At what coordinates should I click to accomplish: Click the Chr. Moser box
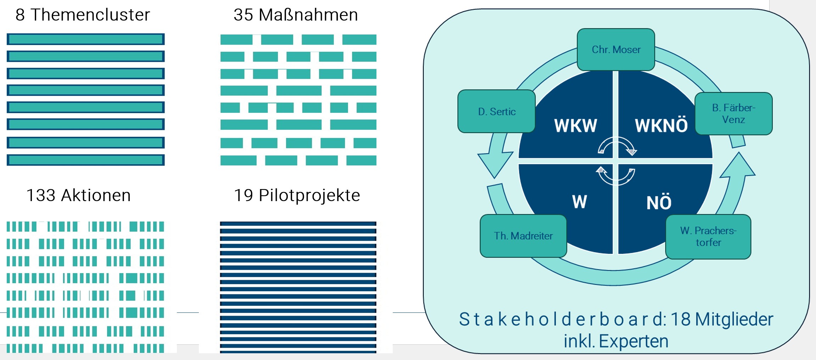tap(616, 50)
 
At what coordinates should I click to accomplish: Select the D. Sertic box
tap(496, 111)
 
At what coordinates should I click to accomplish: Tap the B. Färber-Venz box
tap(733, 113)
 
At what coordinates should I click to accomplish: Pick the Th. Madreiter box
tap(523, 236)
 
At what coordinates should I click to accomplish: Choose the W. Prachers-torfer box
tap(708, 237)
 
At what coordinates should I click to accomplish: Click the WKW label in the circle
tap(575, 126)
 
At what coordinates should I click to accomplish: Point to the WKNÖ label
tap(661, 126)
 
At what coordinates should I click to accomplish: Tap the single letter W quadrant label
tap(579, 202)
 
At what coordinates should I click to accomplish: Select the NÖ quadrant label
tap(659, 203)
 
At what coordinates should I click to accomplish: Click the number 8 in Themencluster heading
tap(20, 15)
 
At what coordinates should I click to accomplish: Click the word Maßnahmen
tap(308, 15)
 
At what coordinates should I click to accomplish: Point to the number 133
tap(41, 195)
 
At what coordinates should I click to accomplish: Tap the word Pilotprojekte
tap(309, 195)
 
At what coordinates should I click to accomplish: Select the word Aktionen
tap(96, 195)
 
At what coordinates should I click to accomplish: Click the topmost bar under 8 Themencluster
tap(85, 39)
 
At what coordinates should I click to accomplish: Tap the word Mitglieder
tap(734, 319)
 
